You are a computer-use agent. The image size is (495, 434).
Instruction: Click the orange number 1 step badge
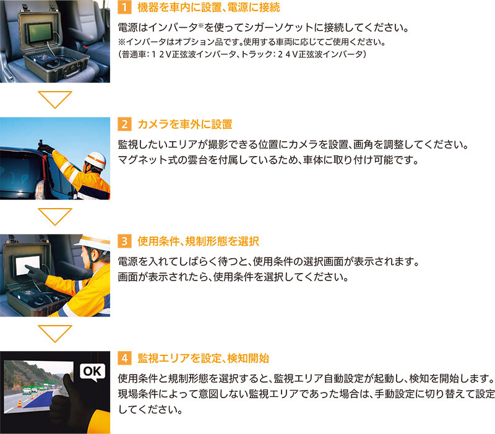[x=124, y=7]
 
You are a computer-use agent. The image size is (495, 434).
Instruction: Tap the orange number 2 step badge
[x=124, y=124]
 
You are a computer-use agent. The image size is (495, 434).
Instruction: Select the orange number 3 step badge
[x=124, y=241]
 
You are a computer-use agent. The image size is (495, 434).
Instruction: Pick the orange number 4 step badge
[x=124, y=358]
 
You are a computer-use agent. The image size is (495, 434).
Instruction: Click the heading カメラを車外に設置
[x=185, y=124]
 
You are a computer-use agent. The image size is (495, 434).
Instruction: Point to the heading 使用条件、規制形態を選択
[x=198, y=241]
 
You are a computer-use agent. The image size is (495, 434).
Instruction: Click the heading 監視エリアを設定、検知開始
[x=204, y=358]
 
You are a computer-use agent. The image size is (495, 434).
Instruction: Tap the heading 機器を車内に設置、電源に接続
[x=209, y=7]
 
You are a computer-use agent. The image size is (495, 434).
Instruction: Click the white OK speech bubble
[x=92, y=371]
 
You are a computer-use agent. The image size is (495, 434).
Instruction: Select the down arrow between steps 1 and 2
[x=55, y=99]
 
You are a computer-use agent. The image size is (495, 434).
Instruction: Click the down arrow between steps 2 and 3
[x=55, y=216]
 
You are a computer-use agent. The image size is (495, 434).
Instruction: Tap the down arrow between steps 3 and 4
[x=55, y=333]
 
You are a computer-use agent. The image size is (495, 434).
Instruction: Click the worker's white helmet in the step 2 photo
[x=96, y=160]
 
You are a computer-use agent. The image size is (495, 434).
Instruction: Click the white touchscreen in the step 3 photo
[x=28, y=264]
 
